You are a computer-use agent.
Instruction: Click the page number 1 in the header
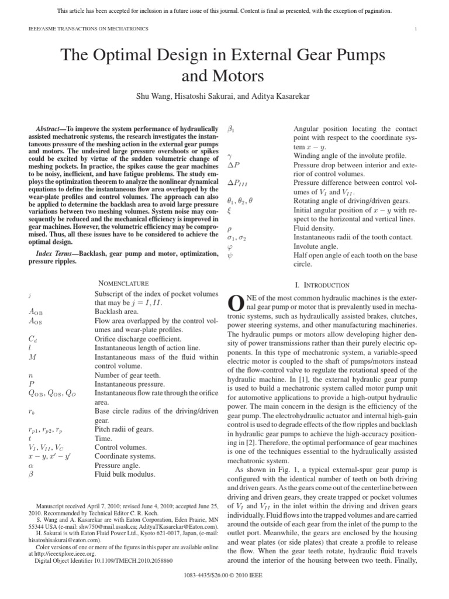(x=415, y=29)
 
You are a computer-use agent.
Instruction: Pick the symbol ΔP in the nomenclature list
(x=233, y=166)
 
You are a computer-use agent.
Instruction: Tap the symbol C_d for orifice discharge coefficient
(x=32, y=338)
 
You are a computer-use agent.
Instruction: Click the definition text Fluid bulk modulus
(x=125, y=474)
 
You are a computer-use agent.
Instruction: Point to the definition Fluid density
(x=315, y=228)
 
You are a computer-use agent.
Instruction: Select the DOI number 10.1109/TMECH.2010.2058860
(x=128, y=560)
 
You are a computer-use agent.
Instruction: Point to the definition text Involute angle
(x=315, y=246)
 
